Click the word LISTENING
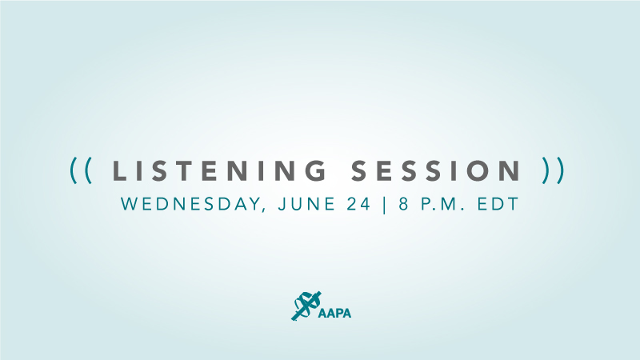[219, 170]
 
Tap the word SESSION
[436, 170]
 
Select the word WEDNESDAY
[190, 204]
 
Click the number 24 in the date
[358, 204]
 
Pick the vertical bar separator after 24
[385, 204]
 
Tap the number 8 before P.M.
[403, 204]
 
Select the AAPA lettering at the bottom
[334, 313]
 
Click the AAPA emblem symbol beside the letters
[306, 306]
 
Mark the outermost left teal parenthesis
[74, 170]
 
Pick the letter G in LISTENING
[316, 170]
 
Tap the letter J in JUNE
[282, 204]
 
